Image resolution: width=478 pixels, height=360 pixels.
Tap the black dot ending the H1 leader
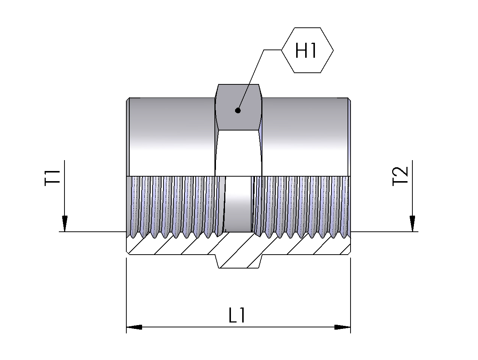coord(238,111)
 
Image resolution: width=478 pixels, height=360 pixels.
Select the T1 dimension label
coord(52,178)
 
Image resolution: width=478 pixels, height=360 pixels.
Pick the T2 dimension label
coord(400,176)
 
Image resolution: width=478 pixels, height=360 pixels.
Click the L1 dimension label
coord(237,315)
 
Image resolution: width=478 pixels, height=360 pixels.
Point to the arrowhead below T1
coord(64,223)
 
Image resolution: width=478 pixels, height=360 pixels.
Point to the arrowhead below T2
coord(412,223)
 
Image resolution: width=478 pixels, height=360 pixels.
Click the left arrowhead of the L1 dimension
coord(134,333)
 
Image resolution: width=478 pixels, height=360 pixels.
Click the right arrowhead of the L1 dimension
coord(342,333)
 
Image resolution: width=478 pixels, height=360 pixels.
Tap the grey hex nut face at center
coord(238,107)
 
